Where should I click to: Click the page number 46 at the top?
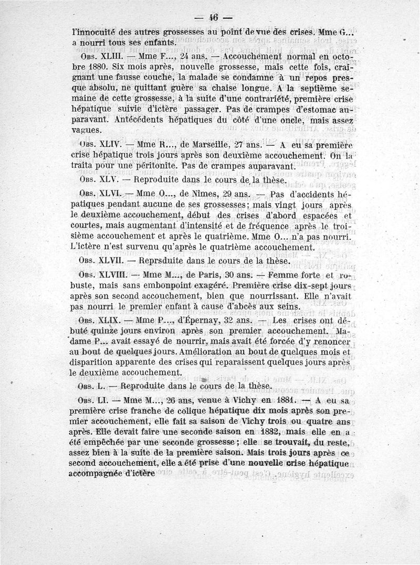click(213, 16)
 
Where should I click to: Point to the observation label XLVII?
click(109, 259)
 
